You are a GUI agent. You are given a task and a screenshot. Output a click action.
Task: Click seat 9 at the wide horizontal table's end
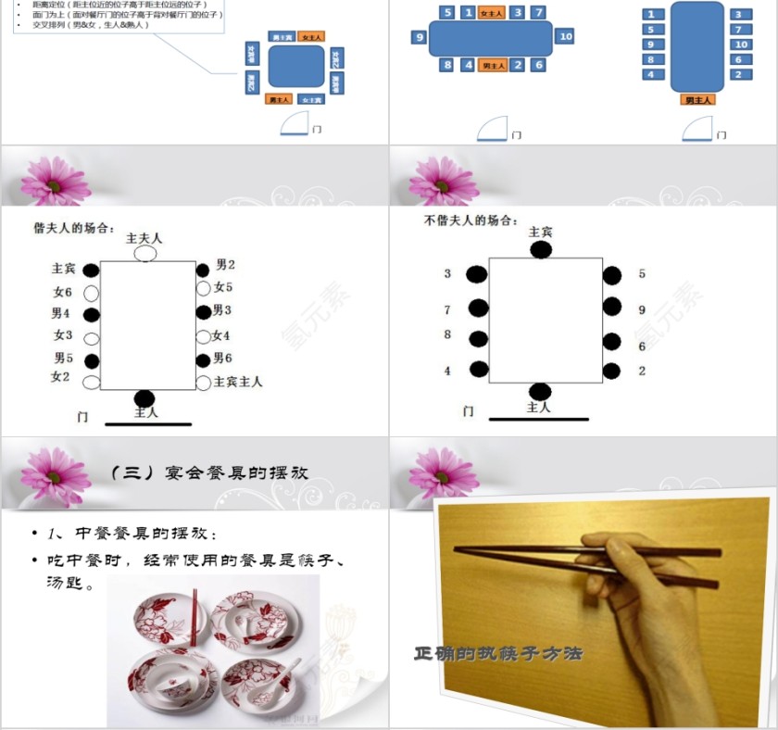pos(420,38)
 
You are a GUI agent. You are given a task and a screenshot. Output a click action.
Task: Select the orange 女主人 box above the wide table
pos(491,13)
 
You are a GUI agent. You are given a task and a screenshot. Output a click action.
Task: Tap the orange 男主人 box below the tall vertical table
pos(698,99)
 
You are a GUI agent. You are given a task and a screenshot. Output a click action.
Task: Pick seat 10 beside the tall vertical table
pos(740,44)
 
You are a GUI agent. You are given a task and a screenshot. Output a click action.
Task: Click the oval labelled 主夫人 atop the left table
pos(145,253)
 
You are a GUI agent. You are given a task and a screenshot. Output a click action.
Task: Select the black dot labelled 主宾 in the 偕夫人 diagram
pos(91,271)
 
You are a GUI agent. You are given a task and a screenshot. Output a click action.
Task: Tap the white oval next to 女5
pos(203,288)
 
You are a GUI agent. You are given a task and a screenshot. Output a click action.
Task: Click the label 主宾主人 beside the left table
pos(238,381)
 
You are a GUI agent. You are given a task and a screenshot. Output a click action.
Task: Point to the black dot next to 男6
pos(203,359)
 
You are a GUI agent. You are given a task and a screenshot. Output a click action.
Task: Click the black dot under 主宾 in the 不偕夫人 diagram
pos(541,250)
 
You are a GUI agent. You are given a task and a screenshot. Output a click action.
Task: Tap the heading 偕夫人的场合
pos(74,227)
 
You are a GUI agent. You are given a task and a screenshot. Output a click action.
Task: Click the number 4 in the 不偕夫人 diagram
pos(447,371)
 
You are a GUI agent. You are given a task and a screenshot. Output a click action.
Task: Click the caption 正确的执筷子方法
pos(497,654)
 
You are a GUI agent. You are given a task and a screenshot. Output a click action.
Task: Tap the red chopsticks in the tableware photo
pos(194,616)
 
